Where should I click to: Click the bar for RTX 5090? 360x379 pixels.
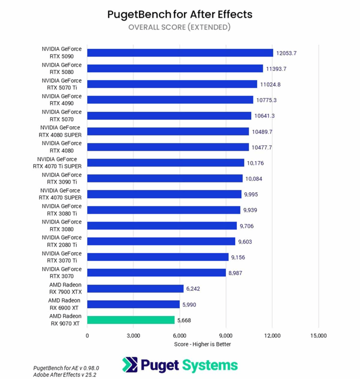pyautogui.click(x=180, y=53)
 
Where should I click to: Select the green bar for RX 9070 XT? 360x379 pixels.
pyautogui.click(x=131, y=320)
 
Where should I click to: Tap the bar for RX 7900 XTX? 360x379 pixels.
pyautogui.click(x=135, y=289)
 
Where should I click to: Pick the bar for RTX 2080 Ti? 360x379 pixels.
pyautogui.click(x=161, y=241)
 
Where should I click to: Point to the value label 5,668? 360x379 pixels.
pyautogui.click(x=184, y=321)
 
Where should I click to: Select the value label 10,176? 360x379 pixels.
pyautogui.click(x=256, y=163)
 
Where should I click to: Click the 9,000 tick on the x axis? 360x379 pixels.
pyautogui.click(x=226, y=336)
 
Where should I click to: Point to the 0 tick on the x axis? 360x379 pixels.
pyautogui.click(x=87, y=336)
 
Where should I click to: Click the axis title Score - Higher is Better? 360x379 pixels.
pyautogui.click(x=203, y=344)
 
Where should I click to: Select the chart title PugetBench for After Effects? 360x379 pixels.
pyautogui.click(x=180, y=14)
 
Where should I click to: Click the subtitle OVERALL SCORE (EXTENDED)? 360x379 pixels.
pyautogui.click(x=180, y=27)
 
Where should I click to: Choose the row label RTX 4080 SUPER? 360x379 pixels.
pyautogui.click(x=60, y=131)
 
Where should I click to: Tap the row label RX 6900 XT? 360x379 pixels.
pyautogui.click(x=64, y=304)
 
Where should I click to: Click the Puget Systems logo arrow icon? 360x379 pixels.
pyautogui.click(x=130, y=365)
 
